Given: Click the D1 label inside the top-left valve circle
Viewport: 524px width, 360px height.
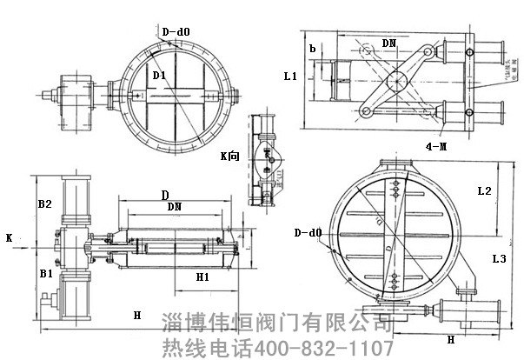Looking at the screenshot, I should point(160,76).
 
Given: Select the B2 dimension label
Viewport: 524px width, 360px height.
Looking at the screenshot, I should point(45,204).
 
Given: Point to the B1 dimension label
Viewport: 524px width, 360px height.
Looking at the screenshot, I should point(45,273).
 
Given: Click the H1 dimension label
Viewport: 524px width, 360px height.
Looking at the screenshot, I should point(202,277).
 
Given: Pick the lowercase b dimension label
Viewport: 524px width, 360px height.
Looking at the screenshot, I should point(312,47).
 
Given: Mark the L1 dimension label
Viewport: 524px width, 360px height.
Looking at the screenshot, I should point(290,77).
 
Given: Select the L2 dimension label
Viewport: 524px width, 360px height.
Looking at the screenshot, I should point(486,190).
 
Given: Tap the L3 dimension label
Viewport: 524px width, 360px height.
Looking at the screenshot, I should point(499,259).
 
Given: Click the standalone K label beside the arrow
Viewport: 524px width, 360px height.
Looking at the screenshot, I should point(9,237).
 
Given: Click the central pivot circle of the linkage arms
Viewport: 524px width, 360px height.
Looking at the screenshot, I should point(397,82).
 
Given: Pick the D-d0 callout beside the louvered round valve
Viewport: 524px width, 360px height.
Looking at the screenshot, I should point(308,233).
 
